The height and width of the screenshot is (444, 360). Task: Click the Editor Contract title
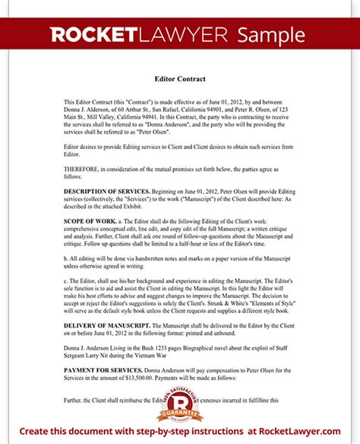coord(179,79)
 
